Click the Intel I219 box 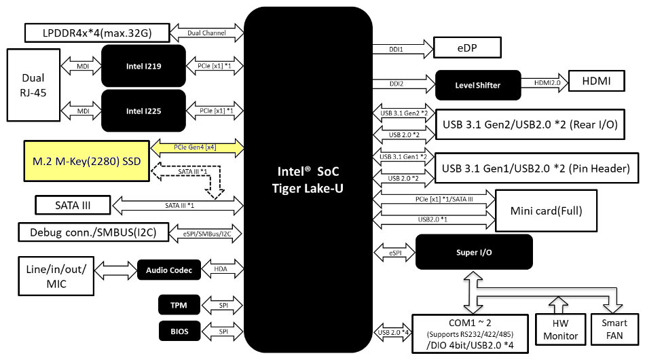(x=143, y=66)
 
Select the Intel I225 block (x=143, y=110)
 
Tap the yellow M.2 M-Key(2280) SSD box (x=86, y=160)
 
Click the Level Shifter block (x=477, y=85)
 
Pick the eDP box (x=467, y=48)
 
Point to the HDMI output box (x=597, y=82)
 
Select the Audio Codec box (x=169, y=270)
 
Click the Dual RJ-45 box (x=33, y=85)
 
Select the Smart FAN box (x=614, y=329)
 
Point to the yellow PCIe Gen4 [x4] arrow (x=196, y=146)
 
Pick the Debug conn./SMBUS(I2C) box (x=88, y=232)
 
